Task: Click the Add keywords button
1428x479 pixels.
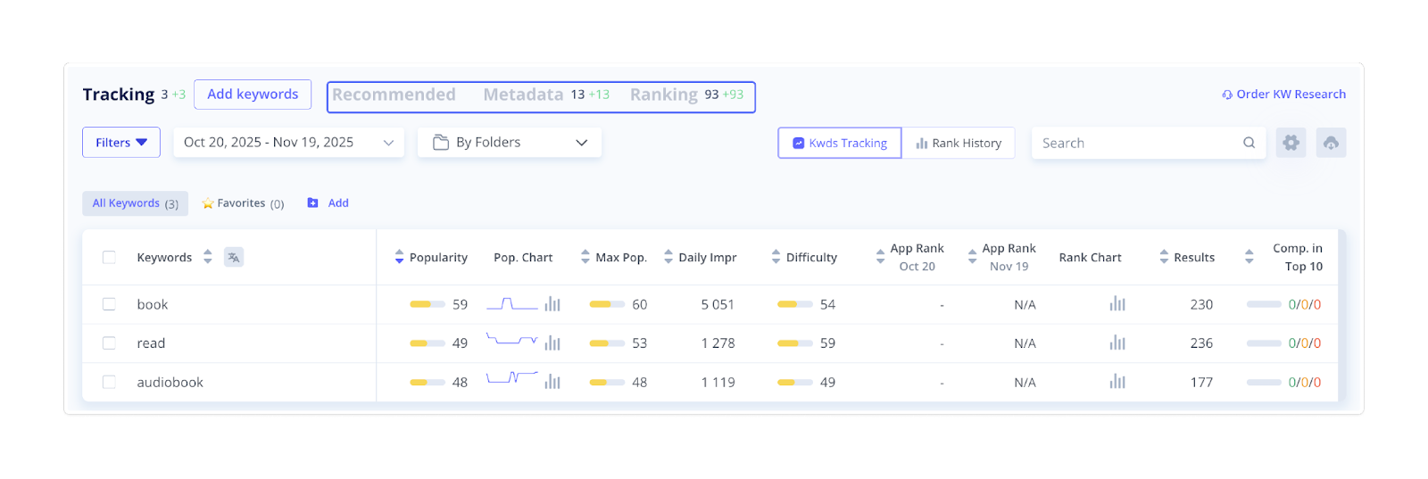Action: tap(253, 95)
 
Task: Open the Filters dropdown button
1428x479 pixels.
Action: tap(121, 143)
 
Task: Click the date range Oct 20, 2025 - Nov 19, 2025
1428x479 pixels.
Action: tap(288, 143)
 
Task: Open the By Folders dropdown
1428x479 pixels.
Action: tap(509, 143)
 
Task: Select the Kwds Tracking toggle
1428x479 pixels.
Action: tap(839, 143)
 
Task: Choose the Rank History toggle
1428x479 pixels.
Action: tap(959, 143)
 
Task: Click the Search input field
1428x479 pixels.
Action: tap(1138, 143)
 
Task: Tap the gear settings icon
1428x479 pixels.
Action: tap(1291, 143)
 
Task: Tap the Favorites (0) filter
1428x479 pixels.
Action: tap(243, 203)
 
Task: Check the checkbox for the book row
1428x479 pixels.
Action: tap(109, 304)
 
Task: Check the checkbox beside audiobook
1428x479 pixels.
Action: tap(109, 382)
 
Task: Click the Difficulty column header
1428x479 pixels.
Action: tap(811, 258)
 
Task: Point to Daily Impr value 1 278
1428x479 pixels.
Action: tap(718, 343)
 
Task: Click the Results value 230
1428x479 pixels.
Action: tap(1201, 304)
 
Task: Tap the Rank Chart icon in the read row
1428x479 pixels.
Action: tap(1117, 343)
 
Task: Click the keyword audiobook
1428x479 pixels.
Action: tap(170, 382)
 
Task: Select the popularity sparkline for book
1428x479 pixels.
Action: tap(512, 304)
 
